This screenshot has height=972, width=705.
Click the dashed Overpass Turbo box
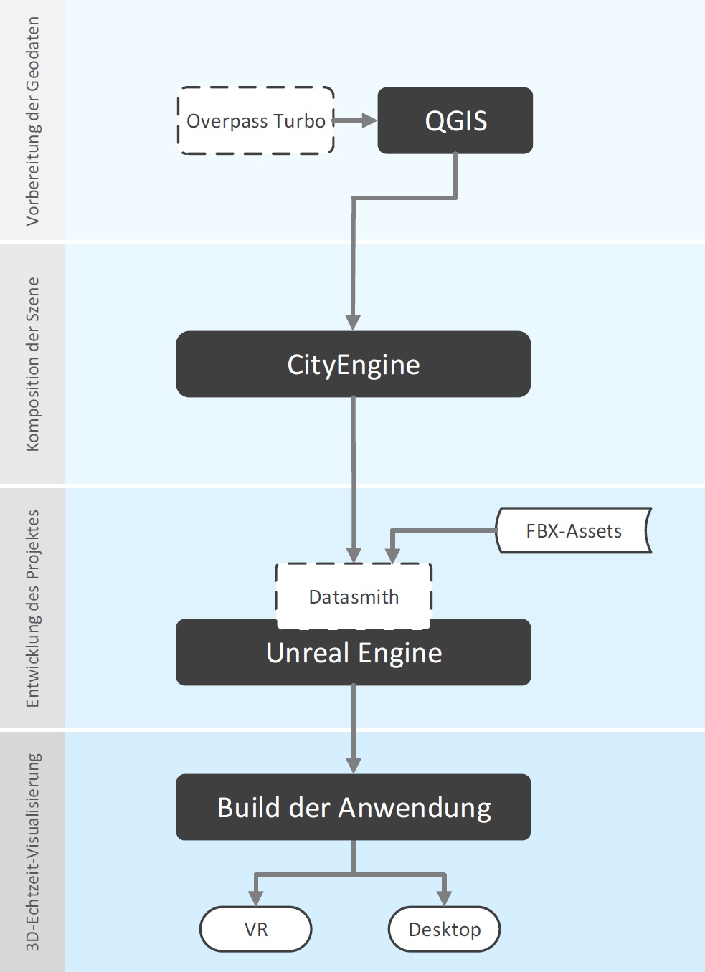255,121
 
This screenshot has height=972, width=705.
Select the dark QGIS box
455,121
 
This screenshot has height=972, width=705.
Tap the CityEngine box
353,364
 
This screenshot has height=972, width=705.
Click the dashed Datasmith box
354,596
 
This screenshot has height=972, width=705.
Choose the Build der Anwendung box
353,807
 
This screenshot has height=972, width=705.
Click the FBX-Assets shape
573,531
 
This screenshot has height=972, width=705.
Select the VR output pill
256,930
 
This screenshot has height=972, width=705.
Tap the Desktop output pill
444,930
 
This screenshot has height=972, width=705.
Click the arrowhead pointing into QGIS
369,120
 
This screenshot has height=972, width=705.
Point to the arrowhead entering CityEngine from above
353,322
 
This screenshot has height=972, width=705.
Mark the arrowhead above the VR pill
256,898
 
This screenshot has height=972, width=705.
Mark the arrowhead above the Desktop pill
444,898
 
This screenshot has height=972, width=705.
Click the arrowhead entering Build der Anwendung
353,765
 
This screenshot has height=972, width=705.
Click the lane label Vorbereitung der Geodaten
32,121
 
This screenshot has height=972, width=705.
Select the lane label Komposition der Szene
32,364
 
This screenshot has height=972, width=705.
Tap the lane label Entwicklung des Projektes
32,609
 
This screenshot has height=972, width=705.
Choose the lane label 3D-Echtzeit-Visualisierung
32,852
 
